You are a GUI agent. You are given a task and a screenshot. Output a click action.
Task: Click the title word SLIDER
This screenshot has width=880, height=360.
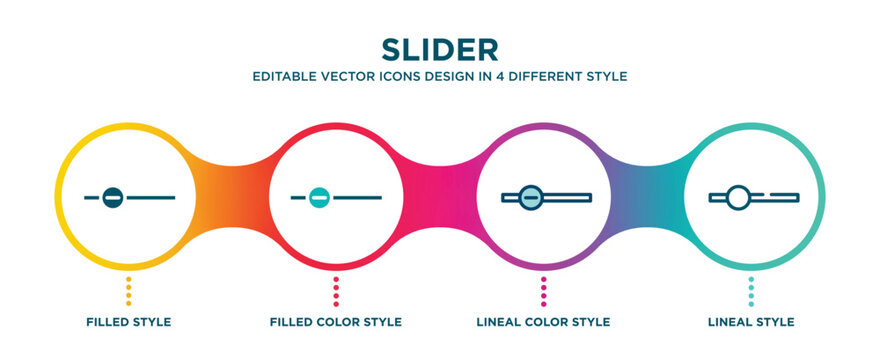pos(439,49)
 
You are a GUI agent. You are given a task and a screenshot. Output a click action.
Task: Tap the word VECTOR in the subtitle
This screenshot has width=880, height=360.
pos(359,76)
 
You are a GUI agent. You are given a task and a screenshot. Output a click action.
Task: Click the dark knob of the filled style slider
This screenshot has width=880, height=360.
pos(113,197)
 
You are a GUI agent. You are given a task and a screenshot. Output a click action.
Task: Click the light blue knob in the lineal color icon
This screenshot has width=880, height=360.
pos(531,196)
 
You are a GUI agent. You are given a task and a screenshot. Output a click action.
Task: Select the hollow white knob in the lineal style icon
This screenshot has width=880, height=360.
pos(737,196)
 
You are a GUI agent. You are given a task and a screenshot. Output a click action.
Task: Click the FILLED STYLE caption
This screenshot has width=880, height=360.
pos(128,322)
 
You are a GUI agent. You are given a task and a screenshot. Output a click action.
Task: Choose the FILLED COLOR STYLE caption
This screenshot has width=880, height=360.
pos(336,322)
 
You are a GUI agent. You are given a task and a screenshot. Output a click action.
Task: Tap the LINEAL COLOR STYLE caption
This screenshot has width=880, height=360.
pos(543,322)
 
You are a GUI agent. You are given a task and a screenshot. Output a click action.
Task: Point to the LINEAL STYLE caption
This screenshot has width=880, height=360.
pos(751,322)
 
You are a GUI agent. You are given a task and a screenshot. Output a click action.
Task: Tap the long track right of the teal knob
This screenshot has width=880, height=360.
pos(358,197)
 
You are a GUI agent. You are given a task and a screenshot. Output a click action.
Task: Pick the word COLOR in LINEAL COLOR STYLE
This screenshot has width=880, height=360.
pos(548,322)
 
